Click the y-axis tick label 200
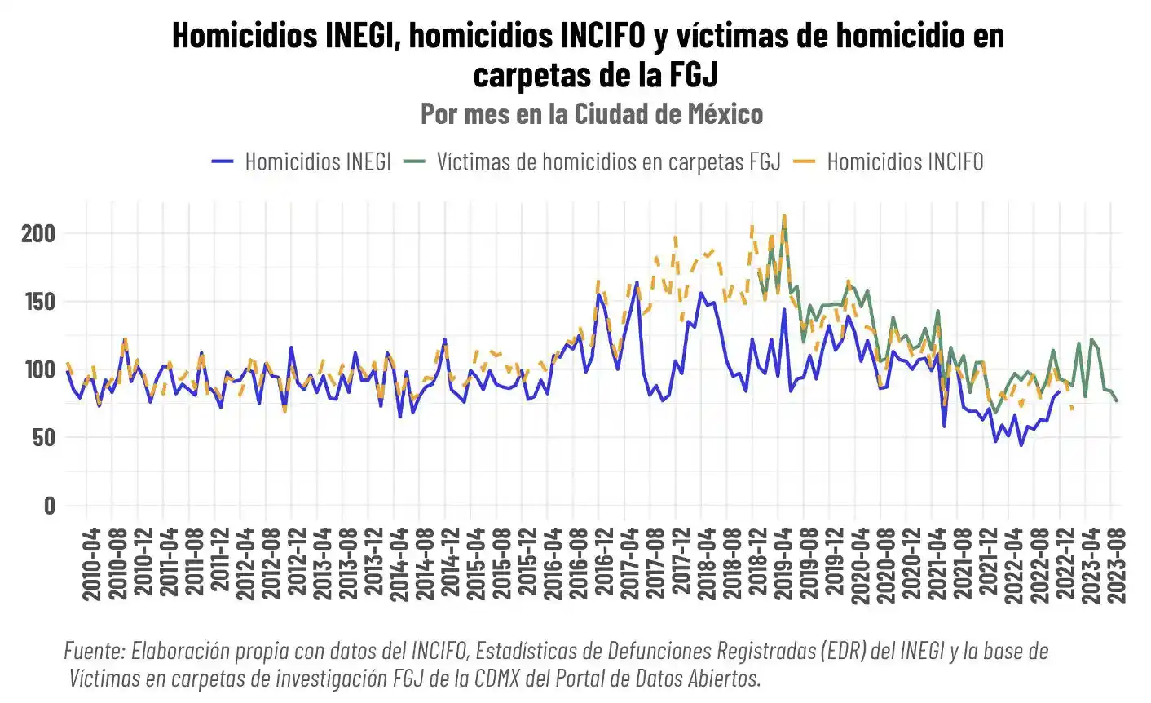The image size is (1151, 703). click(38, 234)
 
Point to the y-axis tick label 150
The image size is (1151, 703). click(38, 302)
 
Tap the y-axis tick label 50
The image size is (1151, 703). click(44, 437)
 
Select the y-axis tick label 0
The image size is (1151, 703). click(50, 505)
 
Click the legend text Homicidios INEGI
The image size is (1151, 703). click(318, 161)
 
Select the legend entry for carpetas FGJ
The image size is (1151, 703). click(608, 161)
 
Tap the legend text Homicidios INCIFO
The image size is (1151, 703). click(905, 161)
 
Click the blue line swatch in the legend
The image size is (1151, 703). click(222, 161)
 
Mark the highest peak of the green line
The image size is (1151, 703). click(784, 219)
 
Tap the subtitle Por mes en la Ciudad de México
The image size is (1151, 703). click(592, 113)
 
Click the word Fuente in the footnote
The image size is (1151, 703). click(93, 651)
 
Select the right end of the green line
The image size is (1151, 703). click(1117, 400)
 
